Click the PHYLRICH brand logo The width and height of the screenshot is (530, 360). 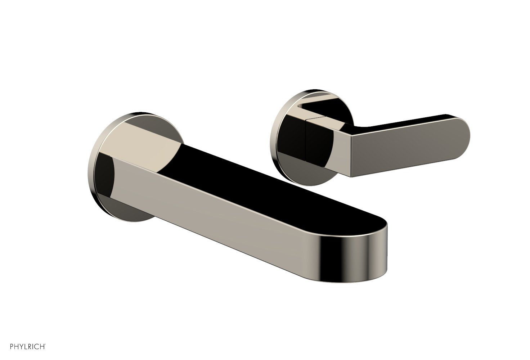(x=28, y=347)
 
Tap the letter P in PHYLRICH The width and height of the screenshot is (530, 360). (x=12, y=347)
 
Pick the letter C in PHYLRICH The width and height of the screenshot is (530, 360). (x=37, y=347)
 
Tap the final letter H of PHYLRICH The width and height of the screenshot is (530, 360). (x=42, y=347)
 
